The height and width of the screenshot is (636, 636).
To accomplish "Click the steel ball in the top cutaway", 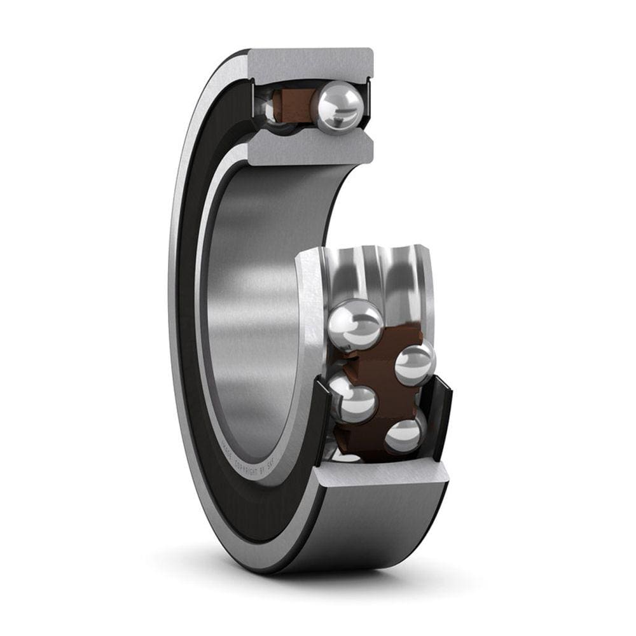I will pos(340,107).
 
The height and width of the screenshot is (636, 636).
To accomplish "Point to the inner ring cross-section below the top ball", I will pos(310,148).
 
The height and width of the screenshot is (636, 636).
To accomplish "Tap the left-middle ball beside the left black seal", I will pos(352,401).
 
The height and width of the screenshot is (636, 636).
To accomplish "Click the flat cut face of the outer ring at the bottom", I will pos(382,474).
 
